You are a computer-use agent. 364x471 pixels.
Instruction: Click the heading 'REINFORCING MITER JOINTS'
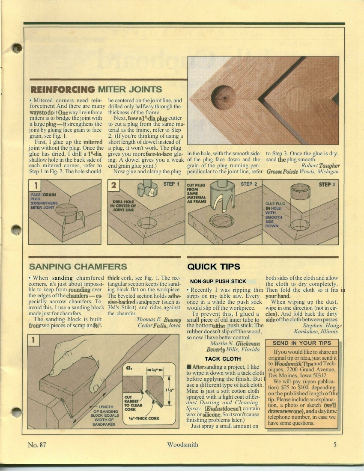(x=96, y=89)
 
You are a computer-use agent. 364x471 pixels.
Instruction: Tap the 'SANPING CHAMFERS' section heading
(x=78, y=267)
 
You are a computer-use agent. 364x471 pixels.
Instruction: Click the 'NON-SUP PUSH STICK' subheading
(x=218, y=281)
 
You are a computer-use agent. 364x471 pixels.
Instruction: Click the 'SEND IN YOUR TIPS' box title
(x=302, y=343)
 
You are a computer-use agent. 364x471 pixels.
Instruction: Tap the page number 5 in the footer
(x=335, y=444)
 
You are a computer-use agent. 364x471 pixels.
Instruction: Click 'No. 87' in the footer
(x=37, y=444)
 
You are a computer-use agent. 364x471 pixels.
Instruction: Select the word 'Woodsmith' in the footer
(x=183, y=444)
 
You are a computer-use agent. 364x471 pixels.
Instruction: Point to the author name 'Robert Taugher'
(x=320, y=166)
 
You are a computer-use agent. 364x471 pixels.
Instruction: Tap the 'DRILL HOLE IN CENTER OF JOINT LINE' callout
(x=124, y=206)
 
